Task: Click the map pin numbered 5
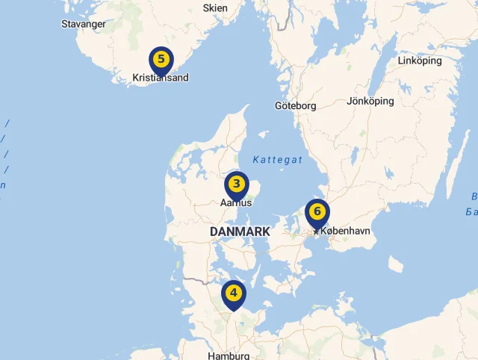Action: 161,58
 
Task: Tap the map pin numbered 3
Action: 236,184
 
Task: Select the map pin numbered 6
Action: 317,212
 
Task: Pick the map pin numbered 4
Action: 233,294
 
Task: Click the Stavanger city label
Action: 83,24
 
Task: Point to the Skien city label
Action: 215,8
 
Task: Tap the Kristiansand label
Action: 161,78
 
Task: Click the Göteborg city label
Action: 295,106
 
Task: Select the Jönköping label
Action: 370,101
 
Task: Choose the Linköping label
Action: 420,60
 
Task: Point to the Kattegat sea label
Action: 277,160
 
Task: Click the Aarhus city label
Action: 236,202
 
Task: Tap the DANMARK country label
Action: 240,232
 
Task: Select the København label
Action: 345,232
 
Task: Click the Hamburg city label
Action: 229,356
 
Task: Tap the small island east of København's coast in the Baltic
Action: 395,264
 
